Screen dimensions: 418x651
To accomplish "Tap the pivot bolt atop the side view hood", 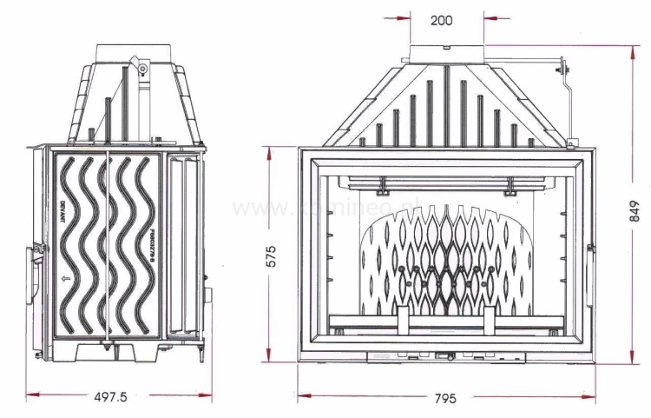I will [x=138, y=63].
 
